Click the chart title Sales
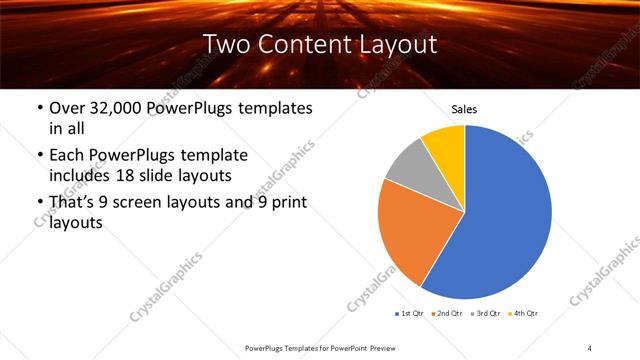click(x=465, y=109)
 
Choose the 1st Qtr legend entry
click(x=410, y=314)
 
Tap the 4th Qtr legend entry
click(x=524, y=314)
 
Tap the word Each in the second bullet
click(x=66, y=156)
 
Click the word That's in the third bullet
click(x=73, y=203)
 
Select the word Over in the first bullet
click(x=67, y=108)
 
